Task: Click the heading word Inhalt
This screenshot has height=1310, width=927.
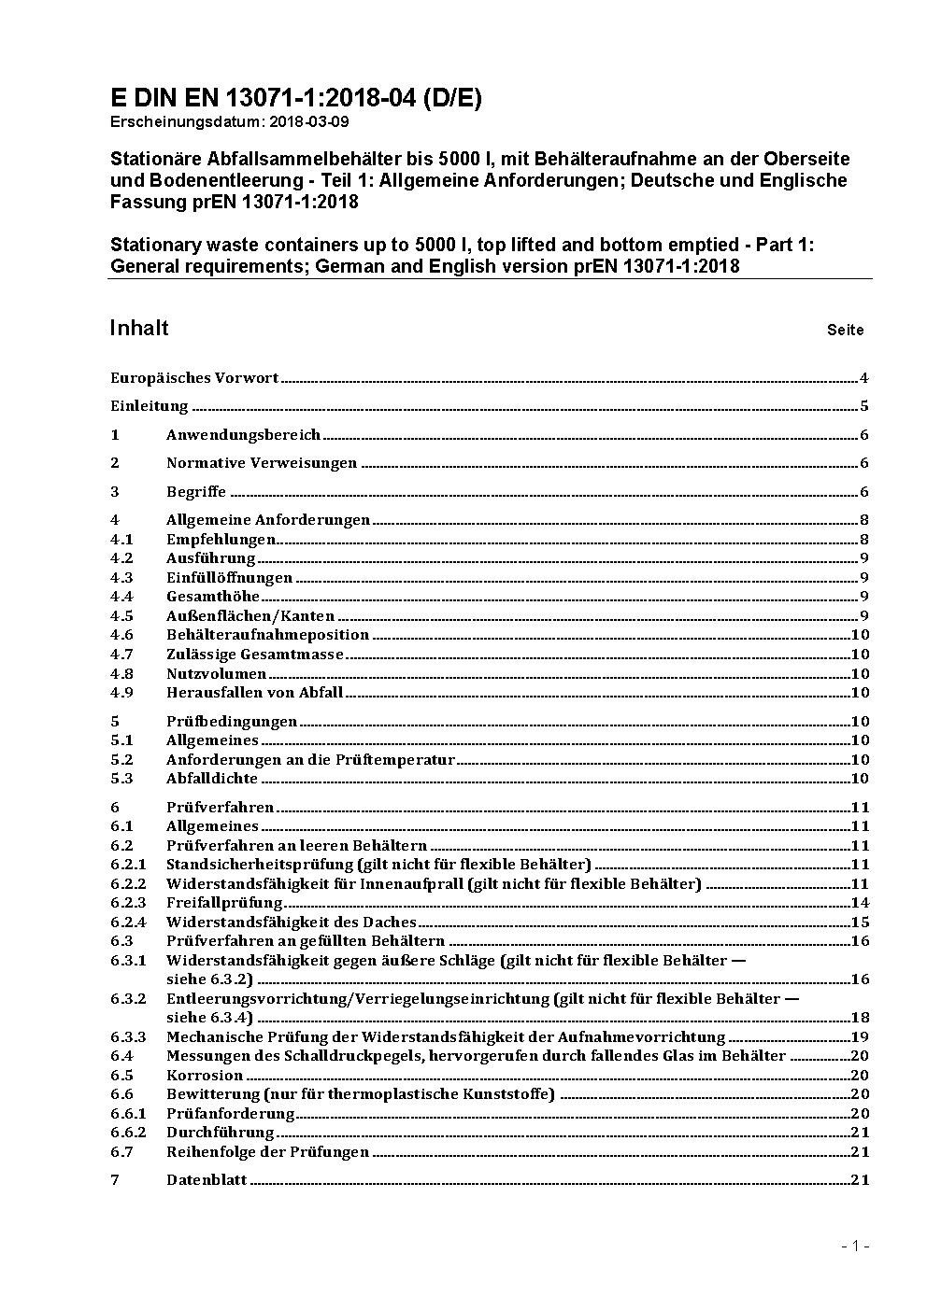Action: (139, 328)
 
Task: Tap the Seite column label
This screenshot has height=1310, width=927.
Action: (845, 330)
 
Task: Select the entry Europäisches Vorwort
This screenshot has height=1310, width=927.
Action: (194, 378)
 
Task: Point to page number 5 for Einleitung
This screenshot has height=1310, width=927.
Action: (864, 406)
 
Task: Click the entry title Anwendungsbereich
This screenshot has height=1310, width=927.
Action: (243, 435)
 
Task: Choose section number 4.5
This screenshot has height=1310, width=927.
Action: (121, 616)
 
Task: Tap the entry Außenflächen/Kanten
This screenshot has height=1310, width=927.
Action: (250, 616)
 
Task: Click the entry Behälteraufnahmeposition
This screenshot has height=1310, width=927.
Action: (267, 635)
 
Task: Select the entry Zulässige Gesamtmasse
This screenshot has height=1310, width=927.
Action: (254, 655)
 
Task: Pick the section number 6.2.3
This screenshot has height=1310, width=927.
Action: (128, 903)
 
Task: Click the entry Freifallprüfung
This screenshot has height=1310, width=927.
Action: (224, 903)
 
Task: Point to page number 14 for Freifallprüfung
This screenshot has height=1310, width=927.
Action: (860, 903)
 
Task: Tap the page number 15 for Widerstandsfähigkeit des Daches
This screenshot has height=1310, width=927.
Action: (860, 923)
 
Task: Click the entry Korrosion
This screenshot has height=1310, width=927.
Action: (205, 1076)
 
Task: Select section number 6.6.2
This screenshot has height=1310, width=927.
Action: (128, 1133)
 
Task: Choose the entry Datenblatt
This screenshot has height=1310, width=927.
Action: (207, 1180)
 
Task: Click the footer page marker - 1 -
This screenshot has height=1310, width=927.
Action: (855, 1246)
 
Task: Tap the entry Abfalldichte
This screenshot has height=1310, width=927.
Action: (212, 779)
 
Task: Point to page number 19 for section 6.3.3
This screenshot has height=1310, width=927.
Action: (860, 1037)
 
